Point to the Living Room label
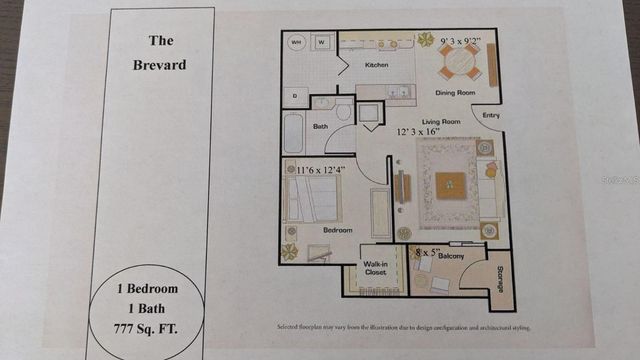[440, 121]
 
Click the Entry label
[491, 115]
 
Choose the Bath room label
[321, 126]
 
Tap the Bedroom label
[337, 230]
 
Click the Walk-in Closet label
[375, 267]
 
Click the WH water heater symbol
[297, 44]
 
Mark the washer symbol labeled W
[321, 44]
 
